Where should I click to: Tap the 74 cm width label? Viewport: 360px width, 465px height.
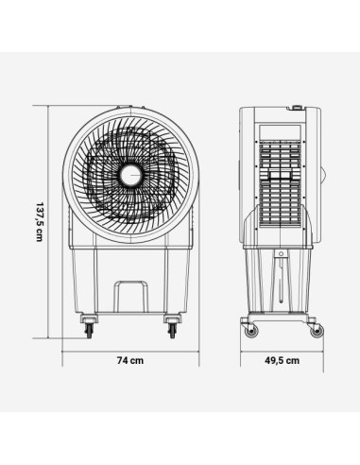pos(129,361)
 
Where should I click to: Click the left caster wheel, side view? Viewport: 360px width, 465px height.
pos(249,329)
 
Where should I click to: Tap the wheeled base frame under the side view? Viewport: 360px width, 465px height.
pos(281,318)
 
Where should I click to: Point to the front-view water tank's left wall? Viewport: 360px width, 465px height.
pos(77,279)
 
